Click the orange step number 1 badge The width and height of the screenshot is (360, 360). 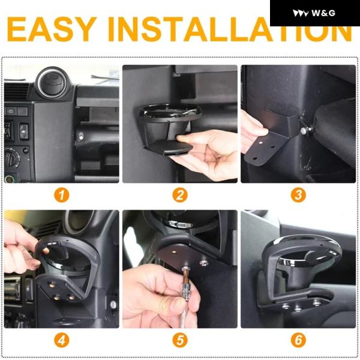(x=62, y=196)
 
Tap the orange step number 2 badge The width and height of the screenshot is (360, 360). (x=180, y=196)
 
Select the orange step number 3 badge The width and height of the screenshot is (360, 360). (x=298, y=196)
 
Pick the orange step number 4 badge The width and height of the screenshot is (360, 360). (x=62, y=340)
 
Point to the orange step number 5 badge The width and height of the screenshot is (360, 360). (x=180, y=340)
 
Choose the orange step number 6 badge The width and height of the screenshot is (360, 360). (x=298, y=340)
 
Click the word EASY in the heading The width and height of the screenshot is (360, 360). (x=52, y=29)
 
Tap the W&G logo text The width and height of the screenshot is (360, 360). (x=323, y=13)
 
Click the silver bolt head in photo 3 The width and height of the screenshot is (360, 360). (x=304, y=131)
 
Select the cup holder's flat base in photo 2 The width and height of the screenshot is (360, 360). (x=168, y=148)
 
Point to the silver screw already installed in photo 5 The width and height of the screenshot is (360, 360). (x=204, y=262)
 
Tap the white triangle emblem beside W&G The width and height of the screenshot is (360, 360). (x=301, y=13)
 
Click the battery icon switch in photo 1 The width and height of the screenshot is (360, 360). (x=11, y=112)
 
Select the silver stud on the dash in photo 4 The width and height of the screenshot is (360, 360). (x=113, y=304)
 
